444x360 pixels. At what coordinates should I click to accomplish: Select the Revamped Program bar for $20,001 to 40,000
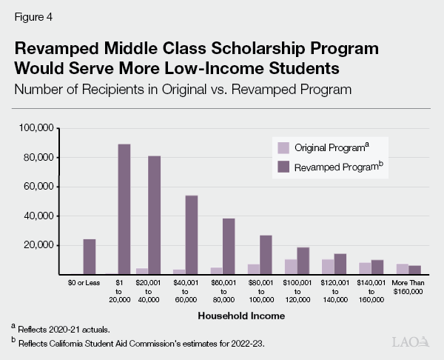[x=154, y=215]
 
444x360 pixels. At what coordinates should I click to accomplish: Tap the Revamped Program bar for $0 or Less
[x=89, y=256]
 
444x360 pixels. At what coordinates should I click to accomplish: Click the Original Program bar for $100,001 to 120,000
[x=291, y=267]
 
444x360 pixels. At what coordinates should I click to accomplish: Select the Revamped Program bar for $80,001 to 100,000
[x=266, y=255]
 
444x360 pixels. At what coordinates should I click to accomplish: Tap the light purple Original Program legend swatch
[x=283, y=147]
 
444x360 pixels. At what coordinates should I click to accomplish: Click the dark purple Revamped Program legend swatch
[x=283, y=167]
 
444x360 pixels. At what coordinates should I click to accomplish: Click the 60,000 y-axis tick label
[x=38, y=187]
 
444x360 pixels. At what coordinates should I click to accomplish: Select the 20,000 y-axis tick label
[x=38, y=245]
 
